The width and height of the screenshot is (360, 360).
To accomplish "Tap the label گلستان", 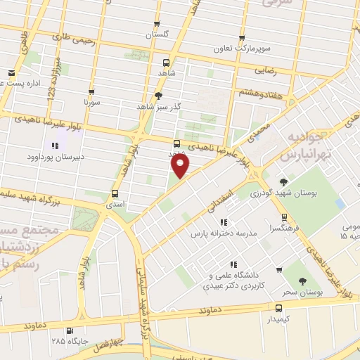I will (x=157, y=34).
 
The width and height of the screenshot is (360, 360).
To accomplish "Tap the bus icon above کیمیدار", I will (x=279, y=308).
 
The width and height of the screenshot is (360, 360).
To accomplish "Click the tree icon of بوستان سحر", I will (x=302, y=281).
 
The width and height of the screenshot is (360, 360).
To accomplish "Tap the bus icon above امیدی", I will (x=115, y=193).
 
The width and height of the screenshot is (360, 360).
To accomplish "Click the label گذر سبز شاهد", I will (x=158, y=106).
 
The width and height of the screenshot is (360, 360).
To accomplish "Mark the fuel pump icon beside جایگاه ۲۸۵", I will (x=69, y=330).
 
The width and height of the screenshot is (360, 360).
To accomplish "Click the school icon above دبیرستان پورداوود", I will (x=54, y=146).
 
